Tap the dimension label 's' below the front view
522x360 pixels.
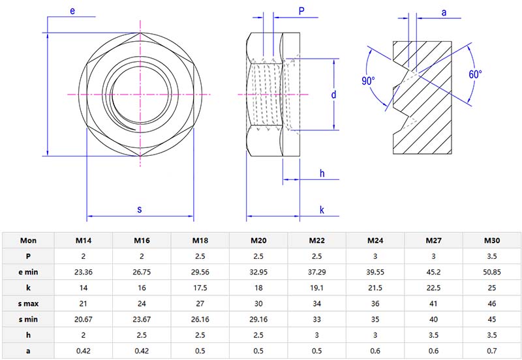[140, 209]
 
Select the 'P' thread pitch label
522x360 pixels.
[301, 10]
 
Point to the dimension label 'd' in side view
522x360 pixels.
[333, 95]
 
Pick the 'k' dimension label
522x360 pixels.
[322, 209]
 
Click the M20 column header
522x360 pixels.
[258, 239]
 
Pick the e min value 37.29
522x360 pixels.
[316, 271]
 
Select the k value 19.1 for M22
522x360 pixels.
[316, 288]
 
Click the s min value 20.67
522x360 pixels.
[84, 320]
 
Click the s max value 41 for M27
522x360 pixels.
[433, 303]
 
